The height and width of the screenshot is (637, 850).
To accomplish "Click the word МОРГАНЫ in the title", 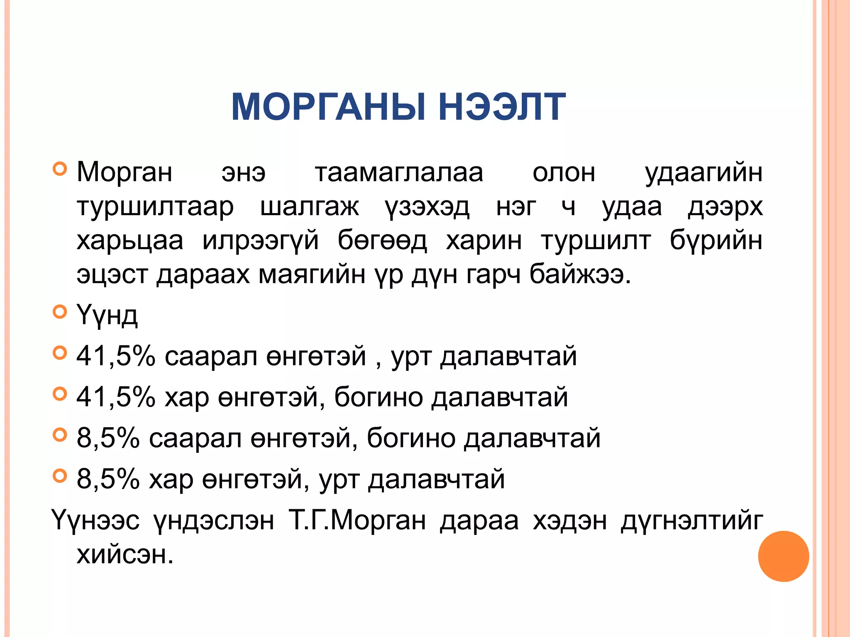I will click(x=328, y=107).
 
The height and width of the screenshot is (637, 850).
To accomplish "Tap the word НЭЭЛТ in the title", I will click(x=502, y=107).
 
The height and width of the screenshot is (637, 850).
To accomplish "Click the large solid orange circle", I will click(x=783, y=556).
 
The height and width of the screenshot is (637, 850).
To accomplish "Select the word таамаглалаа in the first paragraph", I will click(x=399, y=173).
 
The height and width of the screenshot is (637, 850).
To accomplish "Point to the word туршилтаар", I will click(x=155, y=207).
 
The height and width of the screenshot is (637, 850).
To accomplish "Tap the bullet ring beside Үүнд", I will click(x=60, y=311).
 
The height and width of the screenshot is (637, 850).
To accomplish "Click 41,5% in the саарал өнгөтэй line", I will click(x=116, y=356).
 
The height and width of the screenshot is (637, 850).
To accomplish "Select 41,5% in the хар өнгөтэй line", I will click(x=116, y=397).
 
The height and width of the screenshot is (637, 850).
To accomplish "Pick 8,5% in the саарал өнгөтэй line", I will click(x=108, y=438).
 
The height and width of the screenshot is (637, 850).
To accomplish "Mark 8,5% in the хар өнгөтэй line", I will click(x=108, y=479).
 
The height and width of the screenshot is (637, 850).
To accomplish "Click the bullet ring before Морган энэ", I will click(x=60, y=169).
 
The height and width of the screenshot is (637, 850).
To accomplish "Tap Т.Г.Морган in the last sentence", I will click(x=357, y=520).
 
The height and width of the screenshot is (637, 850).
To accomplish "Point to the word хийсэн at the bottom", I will click(x=125, y=554).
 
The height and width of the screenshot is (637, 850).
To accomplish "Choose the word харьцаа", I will click(x=130, y=241).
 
